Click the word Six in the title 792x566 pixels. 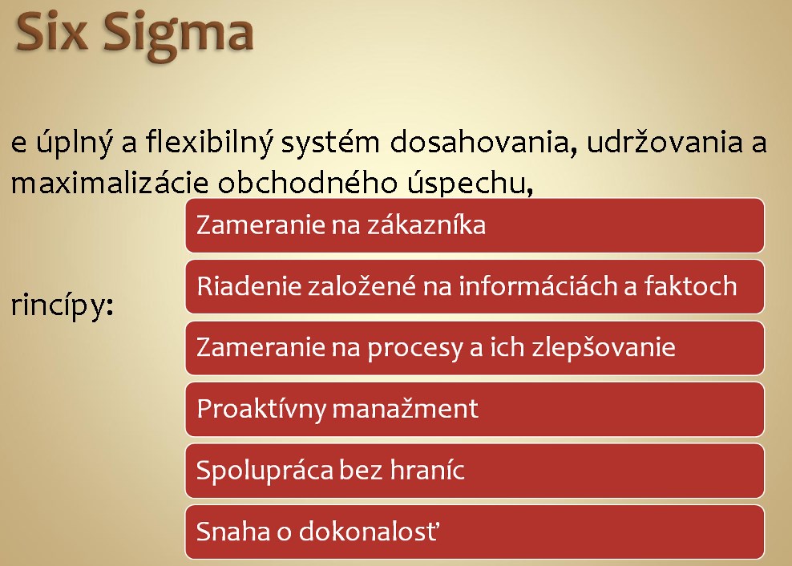pos(51,31)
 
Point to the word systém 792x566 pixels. pos(329,143)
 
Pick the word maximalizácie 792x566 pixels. pos(110,183)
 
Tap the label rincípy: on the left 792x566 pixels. pos(63,306)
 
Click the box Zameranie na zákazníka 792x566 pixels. pos(475,225)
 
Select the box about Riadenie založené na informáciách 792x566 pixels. pos(475,286)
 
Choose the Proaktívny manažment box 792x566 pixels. pos(475,410)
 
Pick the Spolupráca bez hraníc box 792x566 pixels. pos(475,471)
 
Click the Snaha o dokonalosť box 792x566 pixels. pos(475,532)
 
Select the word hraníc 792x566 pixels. pos(427,470)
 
